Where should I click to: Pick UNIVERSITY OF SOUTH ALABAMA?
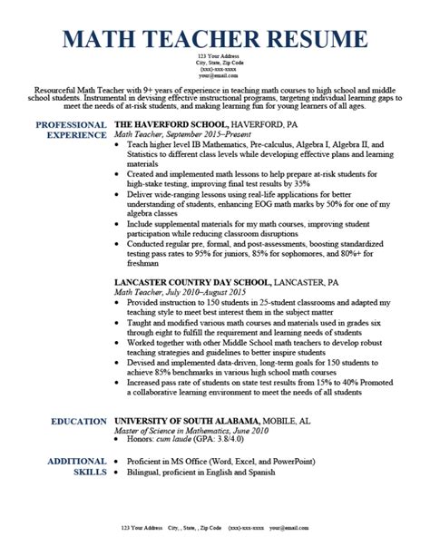click(187, 422)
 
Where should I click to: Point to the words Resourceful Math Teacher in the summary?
click(76, 91)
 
